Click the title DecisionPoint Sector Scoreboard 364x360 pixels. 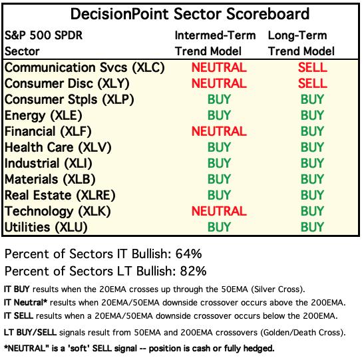(190, 14)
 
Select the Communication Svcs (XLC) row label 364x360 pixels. (85, 68)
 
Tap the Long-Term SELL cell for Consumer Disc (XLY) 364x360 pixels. (313, 83)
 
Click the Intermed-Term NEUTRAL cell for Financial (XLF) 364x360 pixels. (219, 131)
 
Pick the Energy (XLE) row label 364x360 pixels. (43, 116)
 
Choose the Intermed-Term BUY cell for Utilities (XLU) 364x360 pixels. (219, 227)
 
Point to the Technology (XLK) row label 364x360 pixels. (58, 212)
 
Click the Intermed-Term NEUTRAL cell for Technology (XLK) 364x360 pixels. (219, 211)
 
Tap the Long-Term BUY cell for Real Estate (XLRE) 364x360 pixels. (312, 195)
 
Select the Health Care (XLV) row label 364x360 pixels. (58, 147)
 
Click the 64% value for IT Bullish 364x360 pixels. (188, 254)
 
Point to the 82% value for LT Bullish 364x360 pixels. (193, 271)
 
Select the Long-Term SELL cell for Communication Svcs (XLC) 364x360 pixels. (313, 67)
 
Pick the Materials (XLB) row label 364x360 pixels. (50, 180)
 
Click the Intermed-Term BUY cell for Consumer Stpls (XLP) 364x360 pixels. (219, 99)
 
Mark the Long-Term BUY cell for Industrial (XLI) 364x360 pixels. (312, 163)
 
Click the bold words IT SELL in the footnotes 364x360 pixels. (19, 316)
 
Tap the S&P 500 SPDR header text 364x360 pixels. (43, 35)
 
